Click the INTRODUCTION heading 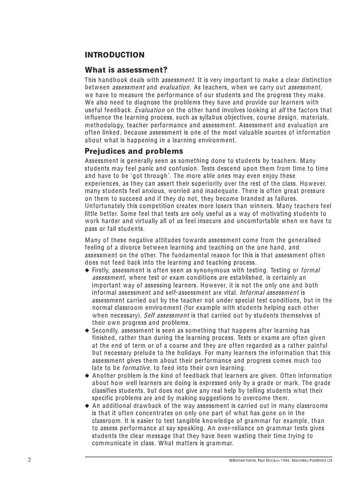[x=114, y=55]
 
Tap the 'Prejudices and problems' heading [x=134, y=151]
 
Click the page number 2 [x=30, y=460]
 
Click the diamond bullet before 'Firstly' [x=87, y=271]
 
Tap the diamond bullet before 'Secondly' [x=87, y=330]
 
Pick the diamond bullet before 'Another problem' [x=87, y=375]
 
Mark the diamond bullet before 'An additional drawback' [x=87, y=405]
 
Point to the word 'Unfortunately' [x=106, y=206]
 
